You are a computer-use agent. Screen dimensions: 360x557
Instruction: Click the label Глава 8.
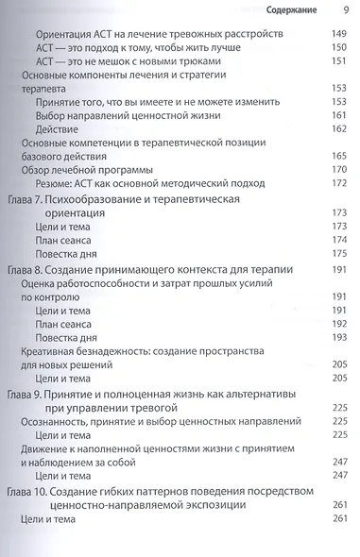26,269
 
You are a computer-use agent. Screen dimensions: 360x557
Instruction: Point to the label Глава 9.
26,391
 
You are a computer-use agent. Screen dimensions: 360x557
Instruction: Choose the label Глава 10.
28,492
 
